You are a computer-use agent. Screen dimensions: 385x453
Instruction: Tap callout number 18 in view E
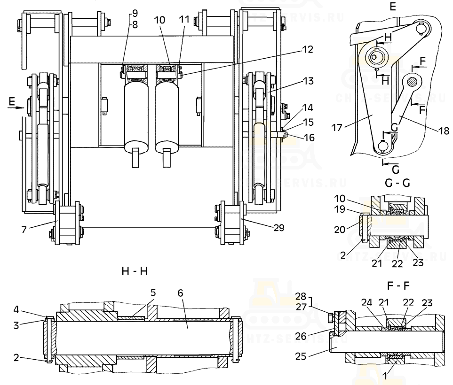pos(444,131)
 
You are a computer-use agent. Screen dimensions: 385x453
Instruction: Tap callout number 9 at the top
pos(135,12)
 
